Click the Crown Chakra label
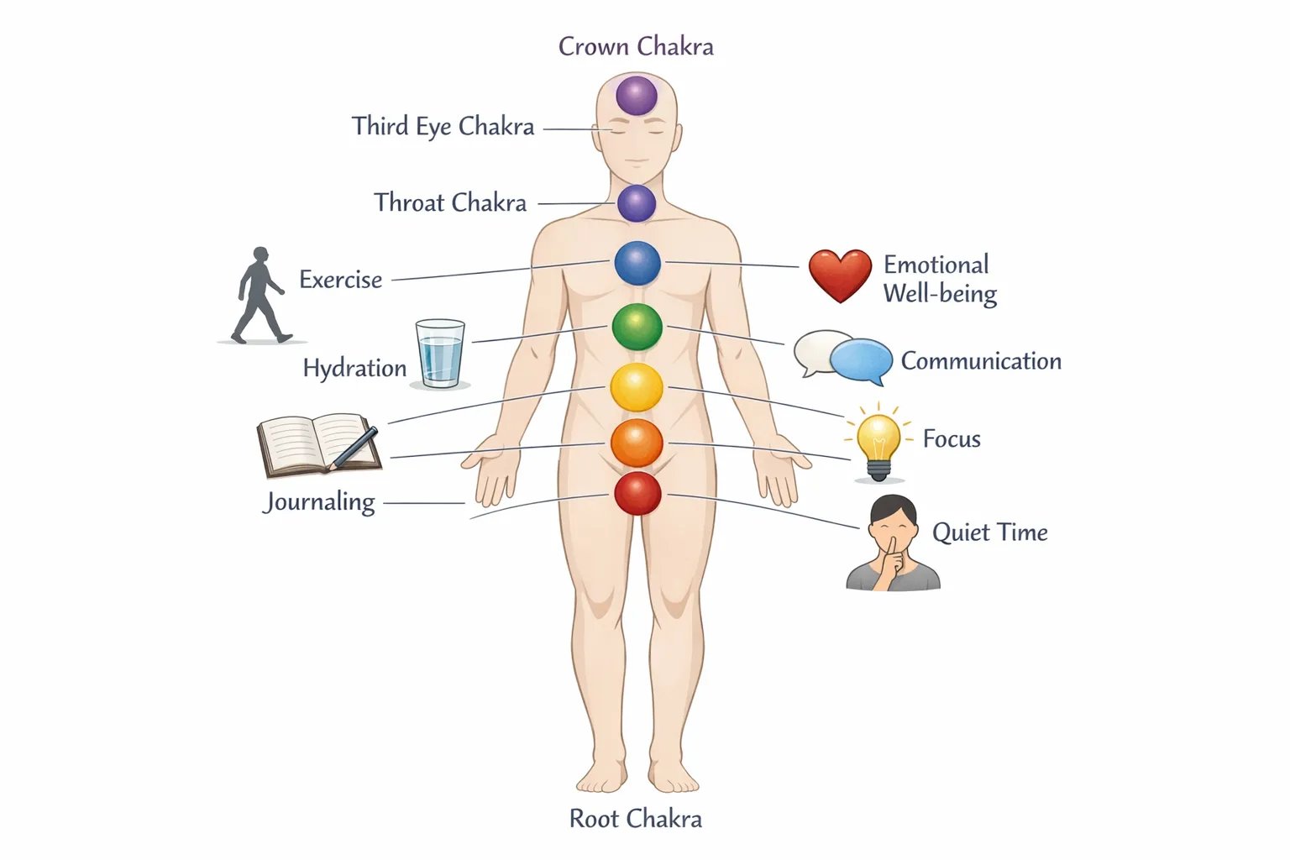tap(636, 46)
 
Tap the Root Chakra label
tap(636, 818)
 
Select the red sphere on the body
tap(637, 493)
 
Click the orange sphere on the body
tap(637, 443)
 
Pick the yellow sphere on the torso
tap(637, 387)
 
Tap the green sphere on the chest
tap(637, 327)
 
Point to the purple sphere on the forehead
tap(637, 95)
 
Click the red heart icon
tap(840, 275)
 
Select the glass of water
tap(440, 354)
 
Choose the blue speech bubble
tap(862, 359)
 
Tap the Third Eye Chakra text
tap(443, 126)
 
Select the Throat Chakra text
tap(450, 202)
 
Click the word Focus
tap(952, 438)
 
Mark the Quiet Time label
tap(990, 532)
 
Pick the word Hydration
tap(354, 368)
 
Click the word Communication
tap(981, 361)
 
